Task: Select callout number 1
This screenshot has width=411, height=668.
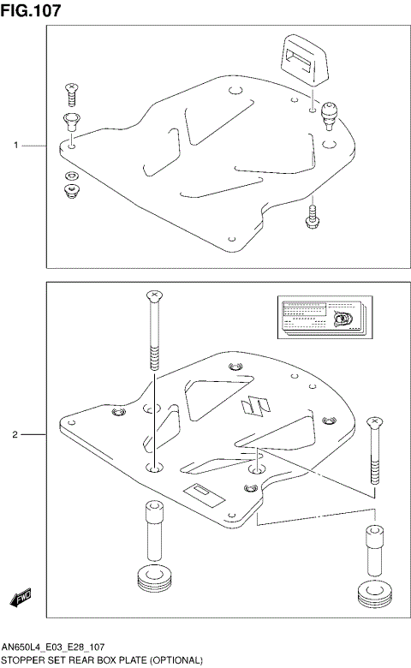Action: (x=15, y=146)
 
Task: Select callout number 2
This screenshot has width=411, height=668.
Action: (x=15, y=435)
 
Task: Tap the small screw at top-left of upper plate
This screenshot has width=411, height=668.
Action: (x=71, y=89)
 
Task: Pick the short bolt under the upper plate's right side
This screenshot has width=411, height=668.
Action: (x=313, y=213)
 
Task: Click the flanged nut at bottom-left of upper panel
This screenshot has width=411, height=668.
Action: (x=72, y=189)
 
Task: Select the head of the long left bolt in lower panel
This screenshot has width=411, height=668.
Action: (x=153, y=296)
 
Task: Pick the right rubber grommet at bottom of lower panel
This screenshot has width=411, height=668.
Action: (x=372, y=593)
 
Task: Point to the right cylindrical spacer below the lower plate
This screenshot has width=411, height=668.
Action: (x=372, y=548)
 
